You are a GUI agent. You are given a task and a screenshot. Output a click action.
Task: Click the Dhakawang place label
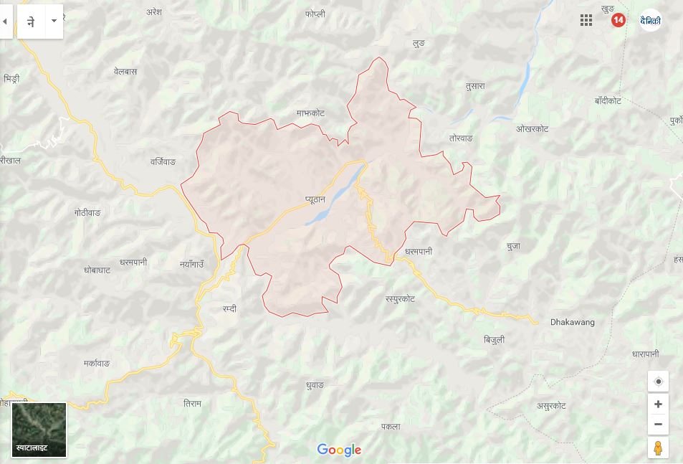point(572,323)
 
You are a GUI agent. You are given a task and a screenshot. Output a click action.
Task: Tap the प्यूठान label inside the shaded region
point(315,199)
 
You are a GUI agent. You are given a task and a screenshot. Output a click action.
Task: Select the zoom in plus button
point(658,404)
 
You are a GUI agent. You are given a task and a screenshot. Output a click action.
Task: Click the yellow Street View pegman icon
point(658,448)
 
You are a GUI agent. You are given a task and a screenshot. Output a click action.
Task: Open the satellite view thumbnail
point(39,430)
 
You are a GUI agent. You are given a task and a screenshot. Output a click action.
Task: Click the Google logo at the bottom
point(339,450)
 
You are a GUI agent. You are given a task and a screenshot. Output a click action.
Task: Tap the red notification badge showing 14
point(618,20)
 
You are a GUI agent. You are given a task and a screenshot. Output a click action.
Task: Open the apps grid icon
point(586,20)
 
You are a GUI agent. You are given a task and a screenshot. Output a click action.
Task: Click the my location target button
point(658,382)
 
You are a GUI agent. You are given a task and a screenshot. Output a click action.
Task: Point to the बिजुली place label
point(494,339)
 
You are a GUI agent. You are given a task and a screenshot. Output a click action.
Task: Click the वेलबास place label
point(125,72)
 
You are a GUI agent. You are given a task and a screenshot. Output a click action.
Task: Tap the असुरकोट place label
point(551,406)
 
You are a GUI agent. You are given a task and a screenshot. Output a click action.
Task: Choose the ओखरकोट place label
point(532,129)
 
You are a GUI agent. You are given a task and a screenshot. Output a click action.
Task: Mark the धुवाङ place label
point(315,385)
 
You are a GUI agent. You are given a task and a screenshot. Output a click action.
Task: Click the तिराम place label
point(192,404)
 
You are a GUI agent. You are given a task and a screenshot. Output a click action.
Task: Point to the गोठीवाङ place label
point(87,213)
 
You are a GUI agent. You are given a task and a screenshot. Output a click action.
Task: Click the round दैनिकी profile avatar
point(650,20)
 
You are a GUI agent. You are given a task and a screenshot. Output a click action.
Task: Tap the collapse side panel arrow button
point(5,22)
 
